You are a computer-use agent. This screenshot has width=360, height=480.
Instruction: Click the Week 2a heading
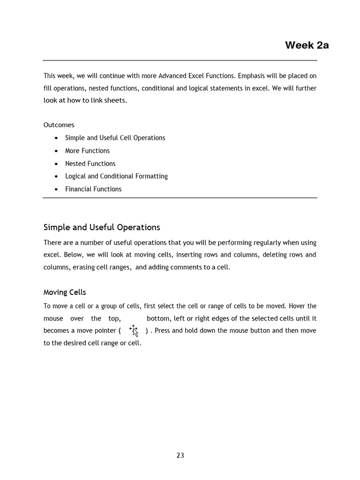[307, 45]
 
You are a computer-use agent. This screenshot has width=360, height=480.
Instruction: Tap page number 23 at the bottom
[180, 455]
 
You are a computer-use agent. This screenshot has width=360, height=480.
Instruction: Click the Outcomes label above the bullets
[59, 125]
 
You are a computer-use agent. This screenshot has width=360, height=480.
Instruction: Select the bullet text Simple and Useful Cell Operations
[115, 138]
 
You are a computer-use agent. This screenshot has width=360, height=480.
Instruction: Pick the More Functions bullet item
[87, 150]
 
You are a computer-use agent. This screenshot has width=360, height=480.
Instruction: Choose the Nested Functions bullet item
[90, 164]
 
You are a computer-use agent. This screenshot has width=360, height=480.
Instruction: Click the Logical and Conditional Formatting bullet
[116, 176]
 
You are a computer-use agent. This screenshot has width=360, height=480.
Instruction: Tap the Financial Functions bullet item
[93, 189]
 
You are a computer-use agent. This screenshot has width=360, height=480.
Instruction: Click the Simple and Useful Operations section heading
[102, 227]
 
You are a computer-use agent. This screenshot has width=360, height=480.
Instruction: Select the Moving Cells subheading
[65, 292]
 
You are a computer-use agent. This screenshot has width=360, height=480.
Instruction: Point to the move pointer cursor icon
[134, 330]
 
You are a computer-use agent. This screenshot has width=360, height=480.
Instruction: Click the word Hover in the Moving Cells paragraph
[297, 306]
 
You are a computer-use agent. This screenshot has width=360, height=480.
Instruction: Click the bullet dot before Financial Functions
[56, 189]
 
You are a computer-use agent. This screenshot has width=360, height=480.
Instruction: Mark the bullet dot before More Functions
[56, 151]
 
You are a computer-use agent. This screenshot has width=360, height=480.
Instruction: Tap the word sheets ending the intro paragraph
[116, 100]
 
